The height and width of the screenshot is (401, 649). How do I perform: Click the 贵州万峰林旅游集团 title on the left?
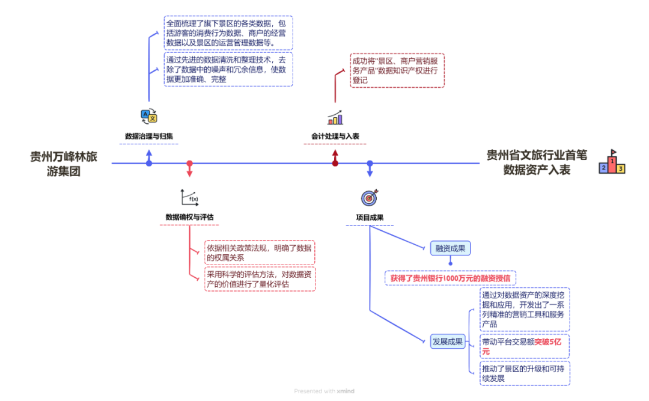coord(64,164)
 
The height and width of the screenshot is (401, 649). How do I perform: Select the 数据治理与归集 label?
coord(149,136)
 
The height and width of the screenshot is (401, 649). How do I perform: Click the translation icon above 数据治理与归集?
coord(148,116)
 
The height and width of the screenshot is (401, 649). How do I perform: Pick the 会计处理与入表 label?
coord(335,136)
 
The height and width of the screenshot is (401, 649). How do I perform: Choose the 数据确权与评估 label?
coord(190,217)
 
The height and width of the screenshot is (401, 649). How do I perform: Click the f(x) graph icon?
coord(189,197)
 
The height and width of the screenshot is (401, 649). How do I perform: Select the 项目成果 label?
coord(370,217)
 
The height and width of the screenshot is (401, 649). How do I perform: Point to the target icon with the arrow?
coord(370,197)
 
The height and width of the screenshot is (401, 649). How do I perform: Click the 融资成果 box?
coord(450,248)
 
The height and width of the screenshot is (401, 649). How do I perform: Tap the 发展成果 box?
coord(448,341)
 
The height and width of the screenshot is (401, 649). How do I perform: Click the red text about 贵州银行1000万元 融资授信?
coord(451,278)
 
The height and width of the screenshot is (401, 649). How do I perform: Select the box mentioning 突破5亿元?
coord(524,346)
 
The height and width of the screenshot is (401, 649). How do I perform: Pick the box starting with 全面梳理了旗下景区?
coord(228,32)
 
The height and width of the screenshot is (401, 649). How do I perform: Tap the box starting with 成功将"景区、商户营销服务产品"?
coord(397,70)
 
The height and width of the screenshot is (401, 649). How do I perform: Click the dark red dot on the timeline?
coord(335,164)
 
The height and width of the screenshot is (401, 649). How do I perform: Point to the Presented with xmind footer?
coord(324,391)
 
